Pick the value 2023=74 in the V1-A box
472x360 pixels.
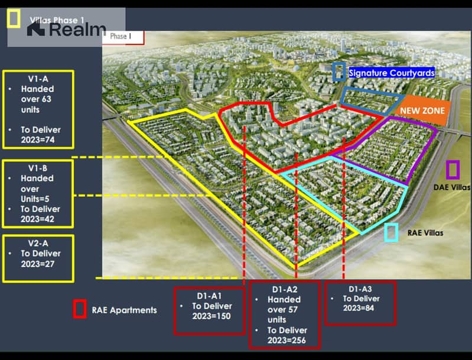tap(38, 140)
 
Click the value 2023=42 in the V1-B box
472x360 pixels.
tap(38, 219)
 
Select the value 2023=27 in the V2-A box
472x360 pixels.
tap(38, 264)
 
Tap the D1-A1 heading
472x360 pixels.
tap(209, 295)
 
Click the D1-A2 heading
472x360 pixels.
tap(285, 290)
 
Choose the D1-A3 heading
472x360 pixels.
tap(360, 288)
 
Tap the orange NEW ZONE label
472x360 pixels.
tap(422, 111)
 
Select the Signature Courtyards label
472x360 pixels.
tap(392, 73)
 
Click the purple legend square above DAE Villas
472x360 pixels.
tap(453, 170)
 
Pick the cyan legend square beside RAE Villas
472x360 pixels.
tap(391, 232)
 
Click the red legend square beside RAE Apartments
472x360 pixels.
tap(79, 309)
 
